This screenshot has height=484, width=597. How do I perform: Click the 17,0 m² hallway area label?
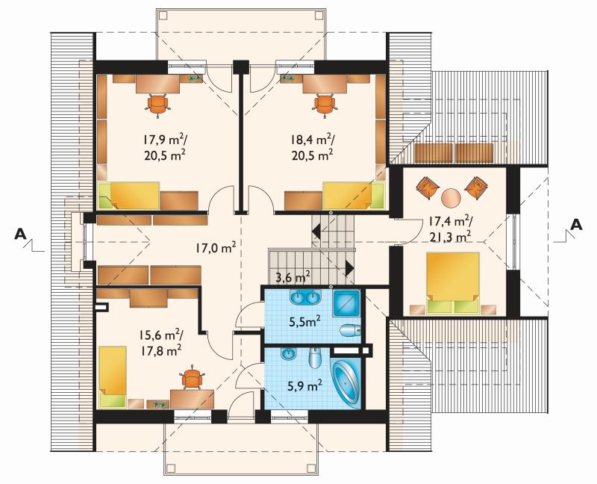point(216,248)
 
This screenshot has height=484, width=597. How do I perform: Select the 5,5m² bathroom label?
point(304,322)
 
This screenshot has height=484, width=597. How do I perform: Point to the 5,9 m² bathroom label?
point(305,386)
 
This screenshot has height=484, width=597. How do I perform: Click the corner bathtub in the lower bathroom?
point(346,384)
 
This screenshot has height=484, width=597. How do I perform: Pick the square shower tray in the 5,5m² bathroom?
point(346,303)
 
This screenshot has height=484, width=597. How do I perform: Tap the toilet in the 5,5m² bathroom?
point(349,330)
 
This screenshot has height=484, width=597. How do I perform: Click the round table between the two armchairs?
point(451,198)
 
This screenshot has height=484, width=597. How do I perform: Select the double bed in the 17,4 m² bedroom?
point(452,283)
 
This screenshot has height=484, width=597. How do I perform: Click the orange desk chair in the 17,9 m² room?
point(157,103)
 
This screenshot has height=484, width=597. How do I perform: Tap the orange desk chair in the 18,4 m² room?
point(325,104)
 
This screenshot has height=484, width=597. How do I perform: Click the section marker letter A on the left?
point(20,234)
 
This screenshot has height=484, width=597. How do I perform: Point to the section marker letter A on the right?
point(577,225)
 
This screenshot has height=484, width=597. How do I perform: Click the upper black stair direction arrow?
point(316,231)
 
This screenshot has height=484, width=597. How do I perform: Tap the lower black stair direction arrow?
point(349,267)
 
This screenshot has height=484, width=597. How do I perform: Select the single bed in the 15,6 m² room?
point(113,376)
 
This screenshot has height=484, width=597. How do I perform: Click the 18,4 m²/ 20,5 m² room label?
point(312,147)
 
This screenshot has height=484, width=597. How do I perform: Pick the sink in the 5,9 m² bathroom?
point(288,354)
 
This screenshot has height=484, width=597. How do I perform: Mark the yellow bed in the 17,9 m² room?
point(128,196)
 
